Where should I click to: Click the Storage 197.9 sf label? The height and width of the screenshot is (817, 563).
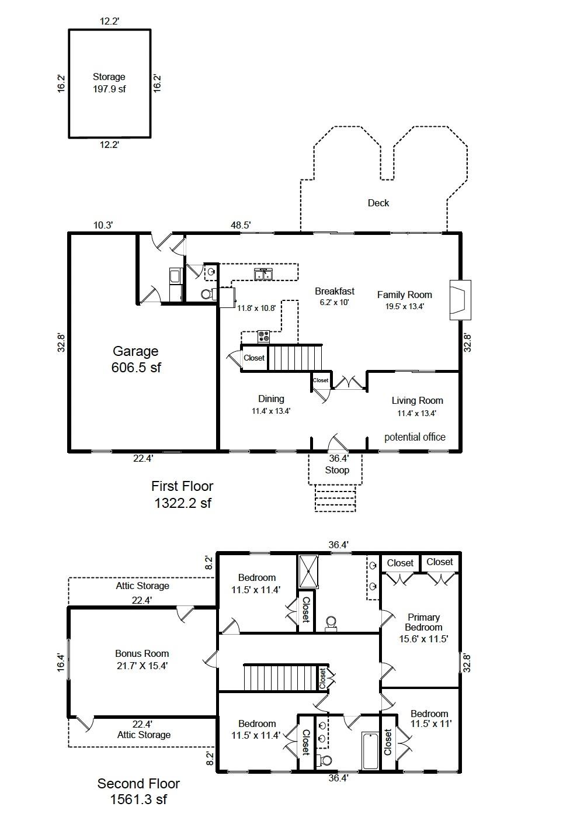(x=109, y=83)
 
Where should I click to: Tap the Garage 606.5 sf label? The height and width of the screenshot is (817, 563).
(x=135, y=359)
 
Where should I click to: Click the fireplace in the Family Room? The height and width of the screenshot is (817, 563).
(x=460, y=300)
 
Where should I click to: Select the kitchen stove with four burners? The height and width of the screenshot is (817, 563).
(x=264, y=337)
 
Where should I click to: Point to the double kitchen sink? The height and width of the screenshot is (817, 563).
(x=263, y=274)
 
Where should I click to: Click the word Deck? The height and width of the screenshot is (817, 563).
(x=378, y=203)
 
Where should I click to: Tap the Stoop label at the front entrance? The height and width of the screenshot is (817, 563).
(x=337, y=470)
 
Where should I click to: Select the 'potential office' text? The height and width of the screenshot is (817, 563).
(x=415, y=437)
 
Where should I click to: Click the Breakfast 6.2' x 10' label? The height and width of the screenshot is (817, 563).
(x=334, y=296)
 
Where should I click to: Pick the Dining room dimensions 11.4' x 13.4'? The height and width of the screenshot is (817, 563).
(x=271, y=411)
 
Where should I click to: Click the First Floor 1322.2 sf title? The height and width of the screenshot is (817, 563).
(x=182, y=494)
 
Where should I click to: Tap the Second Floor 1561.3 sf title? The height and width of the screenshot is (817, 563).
(x=138, y=791)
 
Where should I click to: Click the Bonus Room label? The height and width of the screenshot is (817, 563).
(x=142, y=659)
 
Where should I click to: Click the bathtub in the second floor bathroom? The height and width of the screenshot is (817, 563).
(x=370, y=750)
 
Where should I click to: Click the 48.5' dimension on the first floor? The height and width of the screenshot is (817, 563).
(x=241, y=225)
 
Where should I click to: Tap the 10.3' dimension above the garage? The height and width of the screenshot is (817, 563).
(x=103, y=225)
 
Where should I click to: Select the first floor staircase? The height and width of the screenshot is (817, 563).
(x=295, y=357)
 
